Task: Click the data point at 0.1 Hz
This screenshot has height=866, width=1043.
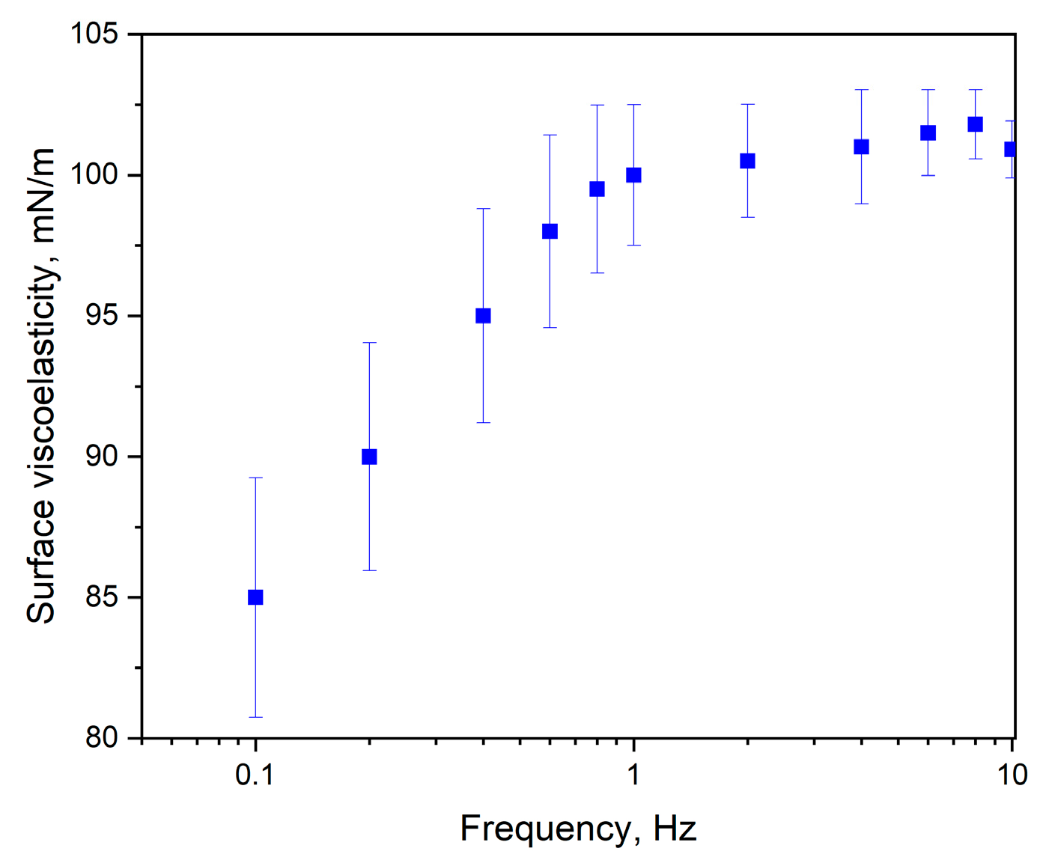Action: [x=255, y=597]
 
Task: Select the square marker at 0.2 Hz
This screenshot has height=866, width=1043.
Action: [x=369, y=457]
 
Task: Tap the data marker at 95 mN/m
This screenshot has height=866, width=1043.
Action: [x=483, y=316]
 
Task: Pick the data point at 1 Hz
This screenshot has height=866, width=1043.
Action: [x=633, y=175]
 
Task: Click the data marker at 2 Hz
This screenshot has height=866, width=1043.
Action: [x=747, y=161]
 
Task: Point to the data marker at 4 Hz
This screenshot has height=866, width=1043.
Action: [x=861, y=147]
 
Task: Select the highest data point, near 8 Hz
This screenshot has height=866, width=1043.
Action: [x=975, y=124]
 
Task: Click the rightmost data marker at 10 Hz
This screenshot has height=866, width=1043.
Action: [x=1010, y=150]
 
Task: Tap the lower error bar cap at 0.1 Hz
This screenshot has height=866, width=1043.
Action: [x=255, y=717]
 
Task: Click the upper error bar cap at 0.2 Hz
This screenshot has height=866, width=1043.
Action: [x=369, y=343]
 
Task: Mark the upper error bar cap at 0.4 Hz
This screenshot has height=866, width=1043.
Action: [x=483, y=209]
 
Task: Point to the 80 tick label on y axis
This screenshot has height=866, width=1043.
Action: [x=101, y=738]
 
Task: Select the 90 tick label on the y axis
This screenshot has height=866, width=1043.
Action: [x=101, y=457]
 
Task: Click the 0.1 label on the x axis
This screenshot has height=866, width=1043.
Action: [x=255, y=775]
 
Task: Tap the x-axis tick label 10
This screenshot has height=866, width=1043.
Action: [x=1012, y=775]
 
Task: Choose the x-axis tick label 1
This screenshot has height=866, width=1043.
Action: [x=633, y=775]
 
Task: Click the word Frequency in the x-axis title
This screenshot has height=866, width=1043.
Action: [x=545, y=829]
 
